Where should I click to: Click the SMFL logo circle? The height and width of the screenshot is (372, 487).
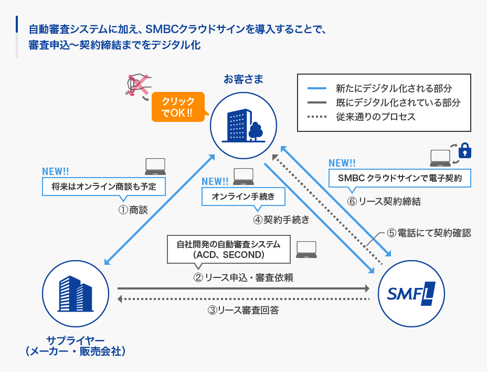(411, 294)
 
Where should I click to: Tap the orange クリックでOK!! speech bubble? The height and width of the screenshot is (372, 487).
(178, 107)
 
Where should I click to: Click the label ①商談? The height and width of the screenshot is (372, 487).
(132, 210)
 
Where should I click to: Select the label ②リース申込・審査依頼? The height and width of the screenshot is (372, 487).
(243, 278)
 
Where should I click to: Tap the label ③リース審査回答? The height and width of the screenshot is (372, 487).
(243, 310)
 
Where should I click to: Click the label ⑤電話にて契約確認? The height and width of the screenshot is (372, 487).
(428, 233)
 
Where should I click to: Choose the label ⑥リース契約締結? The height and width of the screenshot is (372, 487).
(384, 201)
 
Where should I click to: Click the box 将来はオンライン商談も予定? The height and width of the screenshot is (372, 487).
(104, 186)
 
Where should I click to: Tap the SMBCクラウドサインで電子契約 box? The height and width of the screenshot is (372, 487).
(400, 178)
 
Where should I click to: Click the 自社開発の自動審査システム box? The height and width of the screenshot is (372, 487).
(228, 250)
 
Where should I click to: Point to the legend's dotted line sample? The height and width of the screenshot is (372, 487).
(317, 117)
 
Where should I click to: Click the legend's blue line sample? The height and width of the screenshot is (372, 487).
(317, 88)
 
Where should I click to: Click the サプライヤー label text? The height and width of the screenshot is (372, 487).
(76, 340)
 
